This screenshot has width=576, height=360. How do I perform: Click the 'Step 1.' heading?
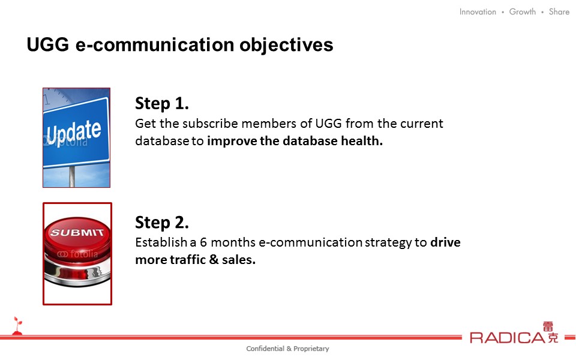click(162, 103)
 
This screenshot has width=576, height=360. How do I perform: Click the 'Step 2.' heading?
click(162, 222)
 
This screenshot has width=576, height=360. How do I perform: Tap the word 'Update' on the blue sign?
click(74, 132)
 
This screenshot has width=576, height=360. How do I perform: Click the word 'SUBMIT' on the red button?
click(77, 232)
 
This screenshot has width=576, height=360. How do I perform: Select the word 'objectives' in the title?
click(286, 45)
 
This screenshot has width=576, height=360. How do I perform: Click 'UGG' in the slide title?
click(48, 45)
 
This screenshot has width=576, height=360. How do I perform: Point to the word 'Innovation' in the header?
click(478, 12)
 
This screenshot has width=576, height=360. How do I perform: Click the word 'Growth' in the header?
click(523, 12)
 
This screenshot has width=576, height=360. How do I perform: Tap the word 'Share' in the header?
click(559, 12)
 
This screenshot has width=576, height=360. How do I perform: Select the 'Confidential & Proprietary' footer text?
click(287, 349)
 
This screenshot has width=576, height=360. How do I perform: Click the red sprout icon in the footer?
click(17, 326)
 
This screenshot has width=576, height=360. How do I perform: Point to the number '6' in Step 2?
click(203, 242)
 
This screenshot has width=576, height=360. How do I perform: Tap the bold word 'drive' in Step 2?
click(445, 242)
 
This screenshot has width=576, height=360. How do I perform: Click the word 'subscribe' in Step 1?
click(210, 124)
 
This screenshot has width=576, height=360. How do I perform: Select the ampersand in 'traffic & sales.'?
click(214, 260)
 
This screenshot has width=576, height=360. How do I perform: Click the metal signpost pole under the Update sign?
click(72, 176)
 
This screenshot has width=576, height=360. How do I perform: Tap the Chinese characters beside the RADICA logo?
click(551, 332)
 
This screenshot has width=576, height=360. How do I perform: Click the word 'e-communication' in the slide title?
click(155, 45)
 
